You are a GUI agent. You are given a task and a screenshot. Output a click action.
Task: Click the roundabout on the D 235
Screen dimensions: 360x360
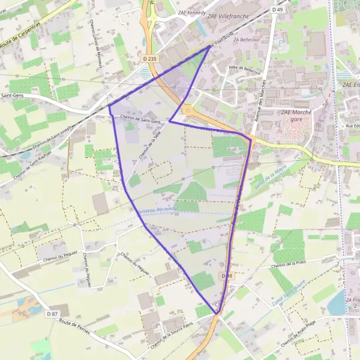tap(188, 111)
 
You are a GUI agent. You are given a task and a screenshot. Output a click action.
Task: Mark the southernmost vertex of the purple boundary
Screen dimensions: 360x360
tap(217, 314)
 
